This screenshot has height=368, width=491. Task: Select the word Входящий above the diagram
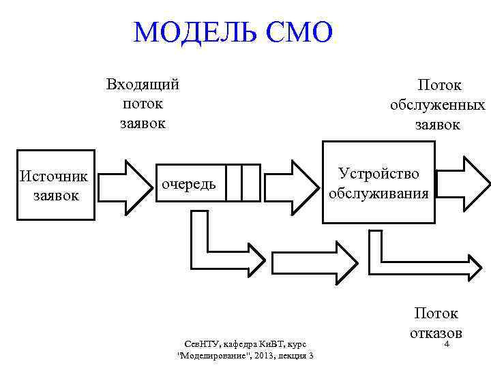pyautogui.click(x=143, y=85)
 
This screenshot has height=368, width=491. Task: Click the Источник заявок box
pyautogui.click(x=55, y=185)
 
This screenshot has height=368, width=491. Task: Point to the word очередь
pyautogui.click(x=188, y=183)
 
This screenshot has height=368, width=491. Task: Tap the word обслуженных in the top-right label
pyautogui.click(x=437, y=105)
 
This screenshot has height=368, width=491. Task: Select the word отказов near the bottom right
pyautogui.click(x=436, y=333)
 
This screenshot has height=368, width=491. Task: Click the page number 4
pyautogui.click(x=447, y=345)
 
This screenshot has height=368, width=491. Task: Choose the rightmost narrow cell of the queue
pyautogui.click(x=251, y=182)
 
